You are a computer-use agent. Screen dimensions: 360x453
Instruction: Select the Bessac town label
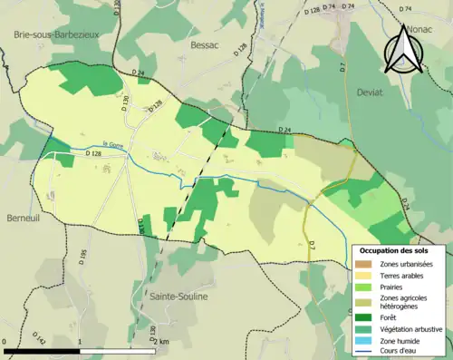(207, 43)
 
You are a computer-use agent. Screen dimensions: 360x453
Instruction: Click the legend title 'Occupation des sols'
(400, 249)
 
